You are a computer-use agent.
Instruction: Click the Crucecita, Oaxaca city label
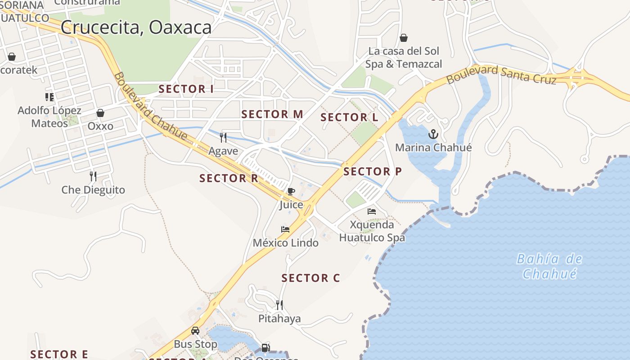[136, 27]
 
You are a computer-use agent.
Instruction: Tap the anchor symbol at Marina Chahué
[433, 134]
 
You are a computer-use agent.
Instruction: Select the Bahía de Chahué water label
[549, 266]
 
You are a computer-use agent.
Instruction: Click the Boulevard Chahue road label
[149, 106]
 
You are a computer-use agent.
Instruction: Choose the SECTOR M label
[272, 114]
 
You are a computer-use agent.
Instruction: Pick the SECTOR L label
[349, 118]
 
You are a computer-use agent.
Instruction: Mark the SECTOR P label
[373, 171]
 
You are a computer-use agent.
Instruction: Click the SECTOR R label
[229, 178]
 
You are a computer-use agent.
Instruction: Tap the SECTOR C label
[310, 278]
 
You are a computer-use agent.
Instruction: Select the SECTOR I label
[186, 89]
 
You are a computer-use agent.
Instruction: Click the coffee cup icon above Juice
[291, 191]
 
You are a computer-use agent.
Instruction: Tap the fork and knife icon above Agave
[223, 137]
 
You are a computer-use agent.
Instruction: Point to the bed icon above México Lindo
[285, 229]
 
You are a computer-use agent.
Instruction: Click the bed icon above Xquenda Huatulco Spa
[372, 211]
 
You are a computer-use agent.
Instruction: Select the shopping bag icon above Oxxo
[100, 113]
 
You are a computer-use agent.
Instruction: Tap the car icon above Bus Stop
[195, 331]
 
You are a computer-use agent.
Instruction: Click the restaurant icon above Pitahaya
[279, 305]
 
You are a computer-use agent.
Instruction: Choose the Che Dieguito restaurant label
[93, 190]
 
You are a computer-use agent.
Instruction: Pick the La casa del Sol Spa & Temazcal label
[404, 58]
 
